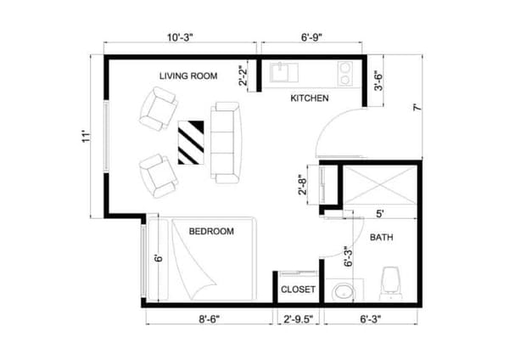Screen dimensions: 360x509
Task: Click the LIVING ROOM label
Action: pyautogui.click(x=188, y=76)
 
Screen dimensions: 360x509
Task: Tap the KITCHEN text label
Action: pyautogui.click(x=310, y=99)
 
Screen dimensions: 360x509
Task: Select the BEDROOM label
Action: pyautogui.click(x=210, y=231)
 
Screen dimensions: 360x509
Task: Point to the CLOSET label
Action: pyautogui.click(x=298, y=290)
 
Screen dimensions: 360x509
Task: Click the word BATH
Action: pyautogui.click(x=381, y=238)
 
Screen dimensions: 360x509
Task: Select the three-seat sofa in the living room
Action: pyautogui.click(x=227, y=143)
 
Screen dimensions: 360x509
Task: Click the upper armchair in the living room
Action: pyautogui.click(x=159, y=110)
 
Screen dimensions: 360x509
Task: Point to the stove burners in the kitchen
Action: pyautogui.click(x=345, y=73)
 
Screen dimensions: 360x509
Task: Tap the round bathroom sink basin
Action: pyautogui.click(x=343, y=291)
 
